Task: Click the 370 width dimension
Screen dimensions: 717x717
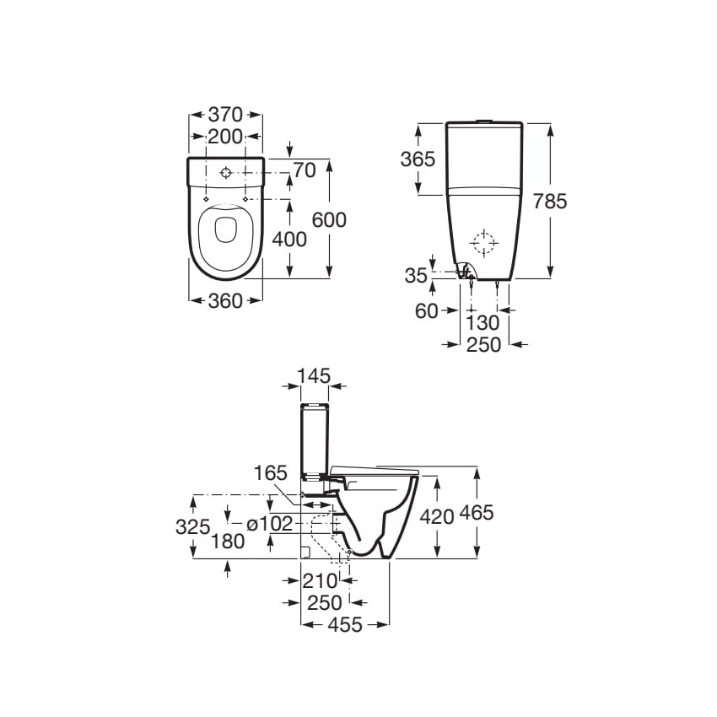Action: click(225, 115)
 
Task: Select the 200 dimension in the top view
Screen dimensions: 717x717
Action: click(225, 137)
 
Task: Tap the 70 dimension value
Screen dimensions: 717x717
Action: click(305, 170)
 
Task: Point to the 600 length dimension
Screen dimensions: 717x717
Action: click(329, 220)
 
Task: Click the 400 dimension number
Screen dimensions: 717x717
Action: click(289, 240)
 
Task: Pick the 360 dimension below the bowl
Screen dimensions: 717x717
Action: click(225, 301)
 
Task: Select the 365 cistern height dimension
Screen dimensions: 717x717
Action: click(418, 159)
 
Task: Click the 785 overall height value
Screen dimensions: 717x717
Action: click(550, 202)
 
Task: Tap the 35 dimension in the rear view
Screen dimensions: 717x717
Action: click(416, 276)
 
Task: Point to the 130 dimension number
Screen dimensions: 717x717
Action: click(482, 323)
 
